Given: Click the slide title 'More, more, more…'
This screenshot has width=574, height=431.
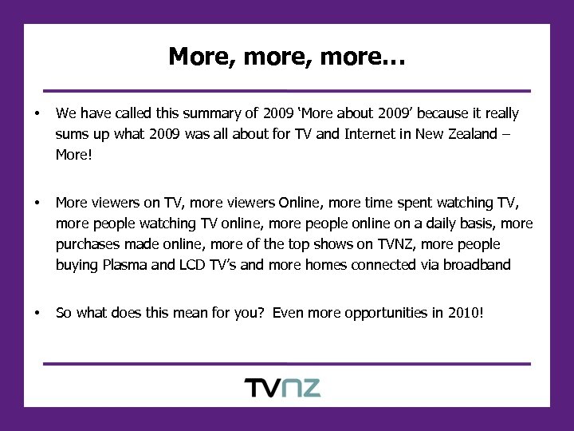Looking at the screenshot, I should click(286, 57).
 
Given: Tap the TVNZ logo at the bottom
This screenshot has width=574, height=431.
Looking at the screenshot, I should click(282, 388).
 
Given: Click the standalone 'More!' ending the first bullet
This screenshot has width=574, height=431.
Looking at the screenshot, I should click(74, 154).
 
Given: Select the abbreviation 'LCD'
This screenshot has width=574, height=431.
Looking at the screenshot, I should click(190, 264).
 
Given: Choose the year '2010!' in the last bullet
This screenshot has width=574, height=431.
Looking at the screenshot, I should click(466, 312).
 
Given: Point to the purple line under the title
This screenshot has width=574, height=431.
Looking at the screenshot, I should click(286, 91).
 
